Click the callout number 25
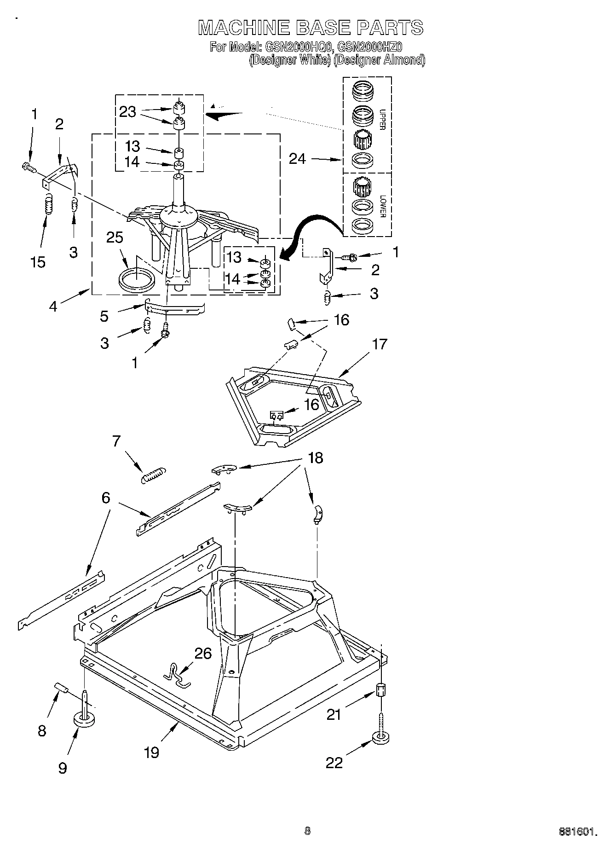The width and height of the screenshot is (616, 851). pos(115,237)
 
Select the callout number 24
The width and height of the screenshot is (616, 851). pos(298,159)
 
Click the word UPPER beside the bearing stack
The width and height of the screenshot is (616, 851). pos(382,120)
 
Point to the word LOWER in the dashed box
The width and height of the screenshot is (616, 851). pos(382,206)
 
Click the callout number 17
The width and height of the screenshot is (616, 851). pos(380,344)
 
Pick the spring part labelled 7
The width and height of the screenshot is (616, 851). pos(153,475)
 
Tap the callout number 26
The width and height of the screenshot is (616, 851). pos(203,653)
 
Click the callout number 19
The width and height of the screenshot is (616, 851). pos(151,752)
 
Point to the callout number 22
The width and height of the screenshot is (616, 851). pos(334,763)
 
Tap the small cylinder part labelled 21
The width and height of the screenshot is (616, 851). pos(381,690)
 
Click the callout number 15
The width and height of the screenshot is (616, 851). pos(38,262)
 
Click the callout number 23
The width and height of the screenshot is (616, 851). pos(127,112)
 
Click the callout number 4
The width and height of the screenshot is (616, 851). pos(53,306)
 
